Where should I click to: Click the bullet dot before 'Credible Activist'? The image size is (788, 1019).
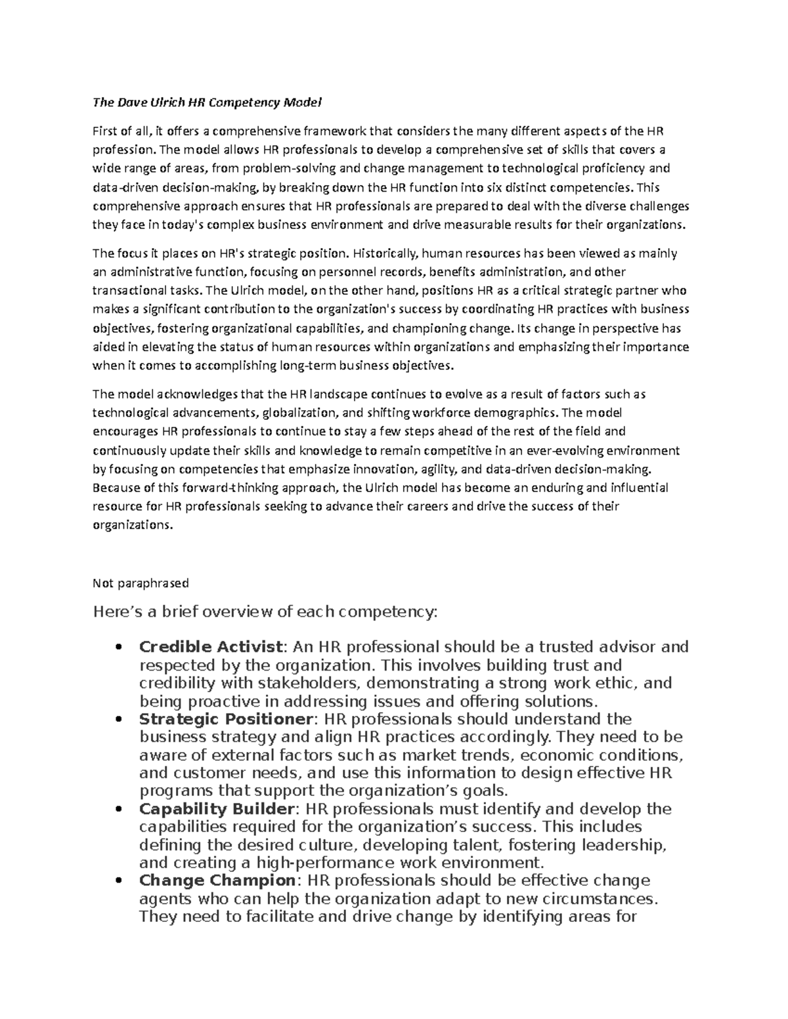click(119, 648)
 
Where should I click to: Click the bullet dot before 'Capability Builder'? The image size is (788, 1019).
click(119, 809)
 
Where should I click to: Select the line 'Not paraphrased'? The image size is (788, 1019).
click(141, 583)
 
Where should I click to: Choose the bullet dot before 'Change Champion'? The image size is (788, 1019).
click(119, 881)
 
